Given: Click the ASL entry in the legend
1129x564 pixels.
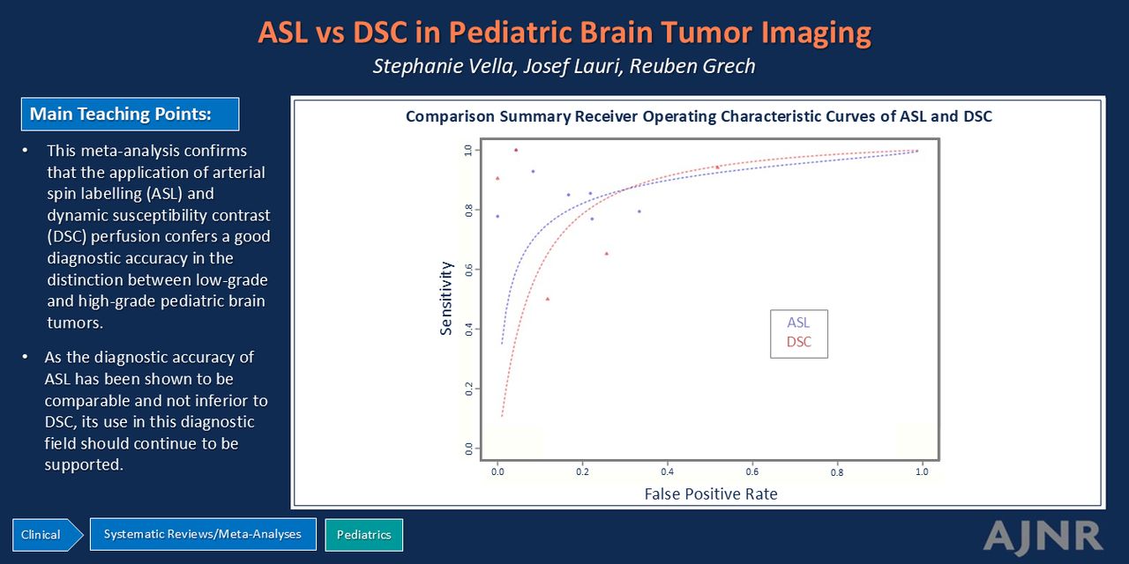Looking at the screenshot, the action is pos(798,323).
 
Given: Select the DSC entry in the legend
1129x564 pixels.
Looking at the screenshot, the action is pos(799,342).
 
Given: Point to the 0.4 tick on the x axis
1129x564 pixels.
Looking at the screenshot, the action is pos(667,471).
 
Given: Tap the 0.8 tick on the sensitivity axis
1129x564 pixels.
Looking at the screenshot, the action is pos(468,210).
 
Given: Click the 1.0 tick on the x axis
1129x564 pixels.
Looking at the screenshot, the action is pos(922,471).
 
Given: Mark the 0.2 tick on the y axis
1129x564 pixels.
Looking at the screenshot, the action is pos(468,389).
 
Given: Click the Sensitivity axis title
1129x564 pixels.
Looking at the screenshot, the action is pos(446,298).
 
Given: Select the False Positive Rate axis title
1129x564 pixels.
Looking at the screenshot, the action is pos(711,494).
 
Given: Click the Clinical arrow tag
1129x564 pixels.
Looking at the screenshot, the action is pos(48,535).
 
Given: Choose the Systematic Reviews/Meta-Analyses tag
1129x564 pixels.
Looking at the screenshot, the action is pos(203,534).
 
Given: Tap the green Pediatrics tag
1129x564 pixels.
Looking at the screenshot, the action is pos(364,535).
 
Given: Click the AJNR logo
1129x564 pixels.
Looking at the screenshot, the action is pos(1043,537).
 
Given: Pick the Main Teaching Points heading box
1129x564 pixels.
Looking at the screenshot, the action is pos(130,114).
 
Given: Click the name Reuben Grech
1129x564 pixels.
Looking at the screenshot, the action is pos(692,66).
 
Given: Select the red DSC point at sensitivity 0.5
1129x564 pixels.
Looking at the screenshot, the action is pos(548,299).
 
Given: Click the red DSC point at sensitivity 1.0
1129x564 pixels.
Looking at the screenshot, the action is pos(516,150).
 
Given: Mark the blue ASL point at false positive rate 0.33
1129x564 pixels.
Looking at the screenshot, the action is pos(639,211).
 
